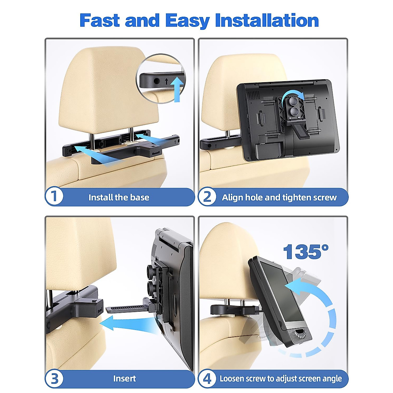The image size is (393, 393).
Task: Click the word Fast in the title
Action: point(100,20)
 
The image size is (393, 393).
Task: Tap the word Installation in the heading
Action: point(267,20)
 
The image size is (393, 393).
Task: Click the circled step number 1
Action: point(54,196)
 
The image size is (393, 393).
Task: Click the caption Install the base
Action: point(119,197)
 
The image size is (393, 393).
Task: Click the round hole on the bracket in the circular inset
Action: point(157,81)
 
